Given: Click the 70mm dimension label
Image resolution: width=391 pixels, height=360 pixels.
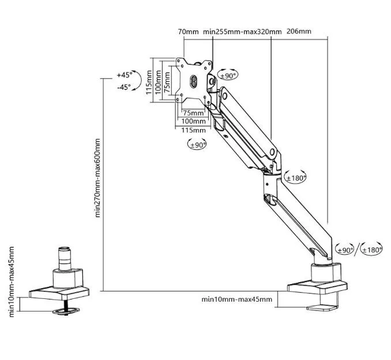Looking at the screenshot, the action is [x=188, y=32].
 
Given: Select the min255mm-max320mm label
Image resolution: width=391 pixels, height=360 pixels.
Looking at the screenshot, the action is [x=242, y=32].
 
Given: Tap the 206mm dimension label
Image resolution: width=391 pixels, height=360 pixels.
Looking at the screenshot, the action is [x=299, y=31].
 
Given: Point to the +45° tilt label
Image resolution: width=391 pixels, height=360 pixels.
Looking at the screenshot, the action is [x=125, y=75].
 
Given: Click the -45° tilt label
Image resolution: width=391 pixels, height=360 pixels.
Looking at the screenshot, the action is [x=124, y=87].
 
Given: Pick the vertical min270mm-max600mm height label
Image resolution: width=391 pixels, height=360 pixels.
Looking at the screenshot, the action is [x=97, y=178].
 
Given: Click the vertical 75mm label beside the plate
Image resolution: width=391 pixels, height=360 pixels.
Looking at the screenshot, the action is [x=167, y=82].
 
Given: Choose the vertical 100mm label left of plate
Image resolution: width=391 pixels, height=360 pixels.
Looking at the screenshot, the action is [x=158, y=82].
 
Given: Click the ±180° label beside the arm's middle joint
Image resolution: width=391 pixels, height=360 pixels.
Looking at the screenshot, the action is [x=296, y=178].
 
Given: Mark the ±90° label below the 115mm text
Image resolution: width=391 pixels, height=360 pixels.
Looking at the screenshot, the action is [x=198, y=145].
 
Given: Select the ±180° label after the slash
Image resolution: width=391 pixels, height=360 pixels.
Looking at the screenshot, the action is [x=372, y=249].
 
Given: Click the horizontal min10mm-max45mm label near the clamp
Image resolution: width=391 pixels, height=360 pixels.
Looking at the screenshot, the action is [x=236, y=299].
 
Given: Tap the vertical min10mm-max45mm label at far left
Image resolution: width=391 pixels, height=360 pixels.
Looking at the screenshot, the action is [x=12, y=282].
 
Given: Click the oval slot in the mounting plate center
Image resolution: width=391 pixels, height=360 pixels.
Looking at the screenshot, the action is [x=194, y=81].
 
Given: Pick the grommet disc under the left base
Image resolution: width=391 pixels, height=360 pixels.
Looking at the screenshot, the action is [x=66, y=311].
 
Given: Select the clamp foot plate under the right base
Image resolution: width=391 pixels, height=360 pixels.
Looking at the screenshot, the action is [x=322, y=308].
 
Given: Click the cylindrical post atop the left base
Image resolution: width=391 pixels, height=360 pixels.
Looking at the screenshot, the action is [x=64, y=259].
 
